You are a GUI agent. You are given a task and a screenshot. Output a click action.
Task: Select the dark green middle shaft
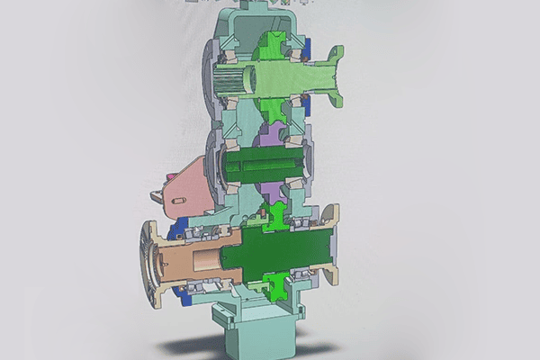(265, 166)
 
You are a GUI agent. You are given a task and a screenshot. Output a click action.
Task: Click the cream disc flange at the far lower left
(146, 261)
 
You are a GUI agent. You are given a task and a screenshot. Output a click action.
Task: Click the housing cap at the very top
(256, 13)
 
